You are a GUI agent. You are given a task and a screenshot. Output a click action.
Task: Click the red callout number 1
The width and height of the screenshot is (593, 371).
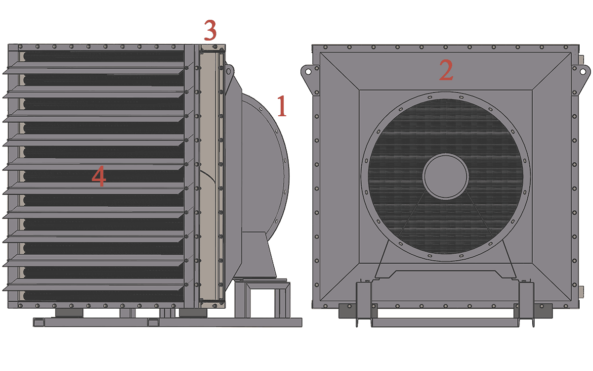coord(282,106)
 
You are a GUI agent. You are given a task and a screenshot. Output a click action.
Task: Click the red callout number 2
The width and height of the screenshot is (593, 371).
coord(446,70)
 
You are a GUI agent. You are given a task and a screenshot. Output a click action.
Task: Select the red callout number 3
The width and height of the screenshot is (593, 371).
coord(210,30)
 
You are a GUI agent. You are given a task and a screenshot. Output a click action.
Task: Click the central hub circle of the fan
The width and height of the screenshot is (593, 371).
coord(446,176)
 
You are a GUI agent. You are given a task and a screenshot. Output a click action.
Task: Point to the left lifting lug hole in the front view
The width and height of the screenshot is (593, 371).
coord(308,72)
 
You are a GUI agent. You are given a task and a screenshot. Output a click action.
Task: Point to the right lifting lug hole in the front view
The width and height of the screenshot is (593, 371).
coord(583,72)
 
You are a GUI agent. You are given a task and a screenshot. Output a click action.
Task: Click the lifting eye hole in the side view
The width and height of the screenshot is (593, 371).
coord(228,71)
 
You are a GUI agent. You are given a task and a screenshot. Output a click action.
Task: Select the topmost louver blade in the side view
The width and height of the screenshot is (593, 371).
coord(93,68)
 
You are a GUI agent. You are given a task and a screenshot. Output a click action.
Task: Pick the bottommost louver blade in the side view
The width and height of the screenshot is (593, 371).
coord(93,284)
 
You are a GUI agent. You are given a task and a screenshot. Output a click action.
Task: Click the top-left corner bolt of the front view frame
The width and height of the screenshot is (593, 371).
coord(325,47)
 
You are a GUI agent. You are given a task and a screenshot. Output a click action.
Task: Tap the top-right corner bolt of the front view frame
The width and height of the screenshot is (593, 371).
coord(566,47)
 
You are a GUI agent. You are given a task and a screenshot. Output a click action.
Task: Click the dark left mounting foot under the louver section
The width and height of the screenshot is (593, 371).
coord(69,313)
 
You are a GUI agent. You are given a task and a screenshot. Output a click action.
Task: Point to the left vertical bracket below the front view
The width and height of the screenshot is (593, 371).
coord(363,304)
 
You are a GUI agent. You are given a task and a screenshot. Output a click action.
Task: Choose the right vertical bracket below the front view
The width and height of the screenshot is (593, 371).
coord(526,304)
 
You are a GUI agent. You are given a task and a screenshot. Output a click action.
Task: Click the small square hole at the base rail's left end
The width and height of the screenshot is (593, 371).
coord(39,323)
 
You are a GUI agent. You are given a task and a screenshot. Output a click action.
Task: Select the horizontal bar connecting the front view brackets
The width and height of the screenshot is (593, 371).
coord(445,323)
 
